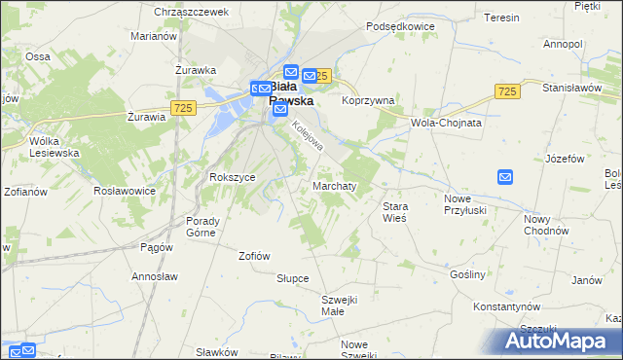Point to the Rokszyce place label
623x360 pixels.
point(232,177)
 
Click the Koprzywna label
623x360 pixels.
point(367,99)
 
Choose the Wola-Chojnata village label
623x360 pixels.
point(447,124)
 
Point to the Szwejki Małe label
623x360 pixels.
point(341,305)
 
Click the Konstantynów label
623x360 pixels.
point(506,306)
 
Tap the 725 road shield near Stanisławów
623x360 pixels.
point(504,90)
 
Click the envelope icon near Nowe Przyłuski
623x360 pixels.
point(504,176)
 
